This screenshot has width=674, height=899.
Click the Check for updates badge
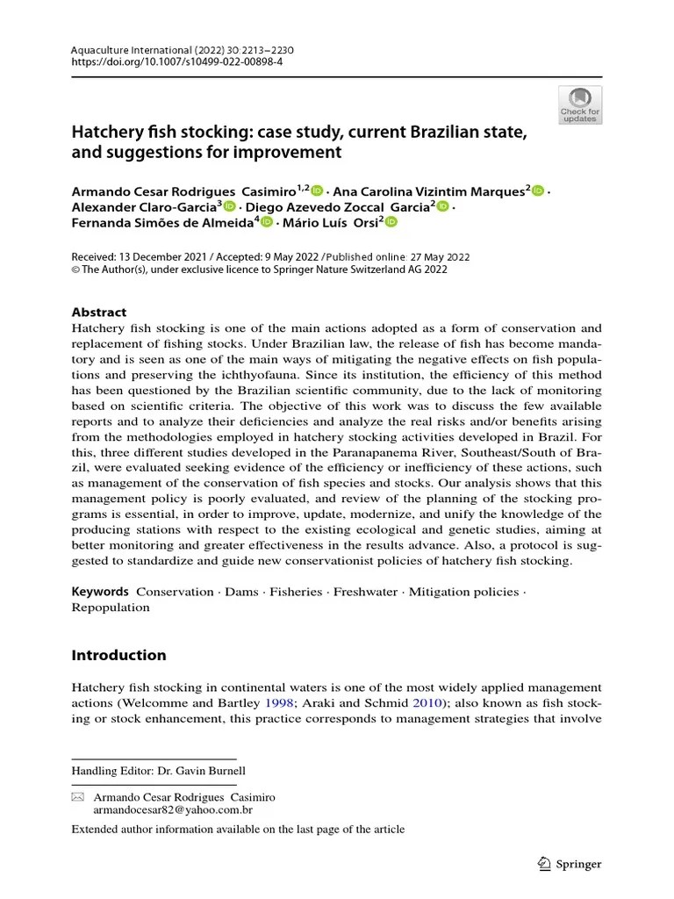point(580,104)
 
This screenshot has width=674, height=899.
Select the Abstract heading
point(98,312)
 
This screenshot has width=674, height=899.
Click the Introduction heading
point(118,655)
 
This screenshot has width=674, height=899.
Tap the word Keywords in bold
point(100,592)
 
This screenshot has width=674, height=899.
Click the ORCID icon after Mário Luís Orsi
point(391,223)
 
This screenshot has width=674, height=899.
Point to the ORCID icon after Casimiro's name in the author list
point(318,191)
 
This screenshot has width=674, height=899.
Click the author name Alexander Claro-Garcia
point(144,207)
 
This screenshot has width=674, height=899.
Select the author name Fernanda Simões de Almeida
point(162,223)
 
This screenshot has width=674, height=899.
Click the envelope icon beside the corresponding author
point(77,797)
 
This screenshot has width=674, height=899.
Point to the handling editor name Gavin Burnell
point(217,770)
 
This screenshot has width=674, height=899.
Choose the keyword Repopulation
point(111,608)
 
